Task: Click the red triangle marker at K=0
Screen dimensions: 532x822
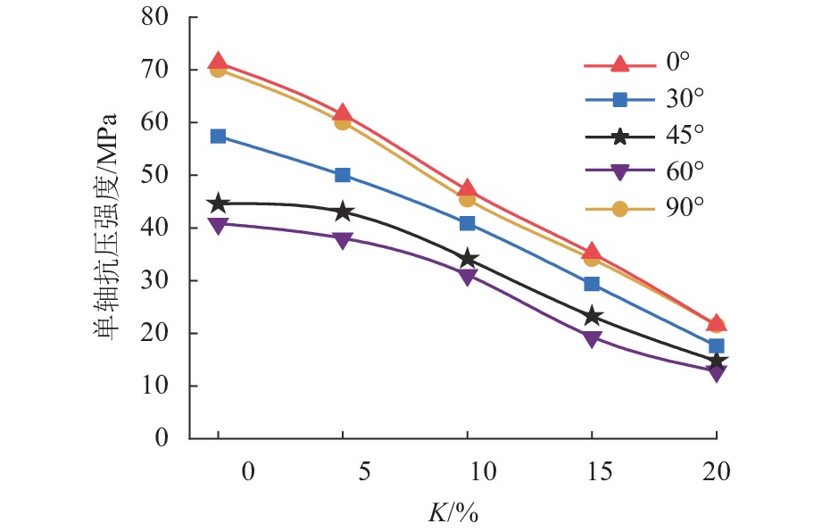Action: coord(218,62)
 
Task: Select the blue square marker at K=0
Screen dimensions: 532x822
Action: coord(218,137)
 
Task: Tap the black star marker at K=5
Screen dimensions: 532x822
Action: coord(343,212)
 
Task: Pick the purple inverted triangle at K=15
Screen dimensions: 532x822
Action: coord(592,338)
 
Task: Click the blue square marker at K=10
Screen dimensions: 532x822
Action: coord(467,223)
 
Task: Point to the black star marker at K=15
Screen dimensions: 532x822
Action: coord(592,316)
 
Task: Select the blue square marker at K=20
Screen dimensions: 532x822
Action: coord(716,346)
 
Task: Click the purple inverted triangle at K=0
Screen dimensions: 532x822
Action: coord(218,224)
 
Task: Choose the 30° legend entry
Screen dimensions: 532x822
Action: coord(683,99)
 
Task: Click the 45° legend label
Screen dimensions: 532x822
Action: coord(684,136)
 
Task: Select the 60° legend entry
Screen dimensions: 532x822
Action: coord(684,171)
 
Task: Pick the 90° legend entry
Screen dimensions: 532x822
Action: coord(684,207)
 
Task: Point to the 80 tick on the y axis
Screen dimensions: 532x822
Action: coord(156,17)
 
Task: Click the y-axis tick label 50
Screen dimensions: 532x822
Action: coord(156,176)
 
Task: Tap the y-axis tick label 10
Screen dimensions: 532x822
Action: coord(156,387)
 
